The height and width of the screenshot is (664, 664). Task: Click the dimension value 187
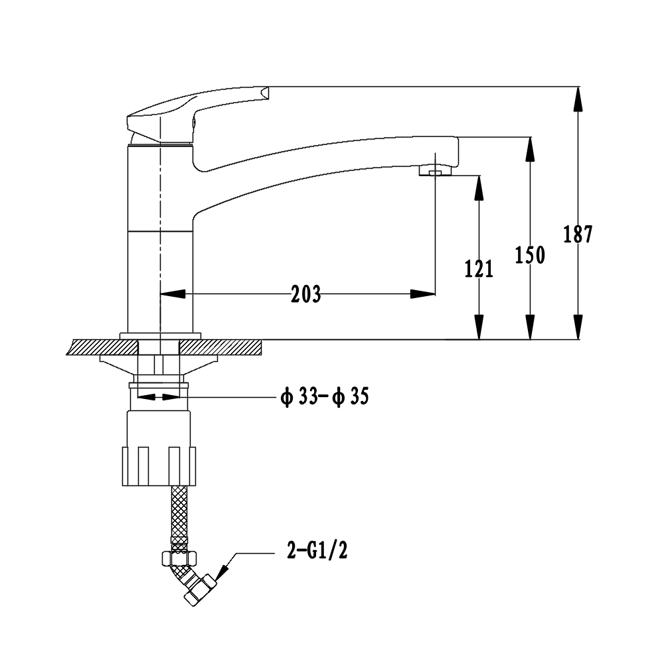click(x=578, y=234)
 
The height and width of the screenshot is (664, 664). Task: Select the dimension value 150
click(x=530, y=255)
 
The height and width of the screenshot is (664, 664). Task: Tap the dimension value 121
click(x=479, y=269)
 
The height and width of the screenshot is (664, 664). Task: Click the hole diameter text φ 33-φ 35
click(x=325, y=397)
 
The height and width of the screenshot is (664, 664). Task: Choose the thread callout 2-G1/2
click(x=317, y=551)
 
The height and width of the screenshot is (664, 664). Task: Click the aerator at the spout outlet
click(x=436, y=171)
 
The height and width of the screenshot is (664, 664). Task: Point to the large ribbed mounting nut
click(x=159, y=466)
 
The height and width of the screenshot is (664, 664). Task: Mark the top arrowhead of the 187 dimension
click(x=578, y=100)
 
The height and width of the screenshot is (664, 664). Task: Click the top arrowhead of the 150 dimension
click(x=530, y=149)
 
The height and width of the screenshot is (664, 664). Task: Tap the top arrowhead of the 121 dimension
click(x=479, y=188)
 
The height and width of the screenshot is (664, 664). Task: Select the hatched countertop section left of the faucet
click(x=102, y=347)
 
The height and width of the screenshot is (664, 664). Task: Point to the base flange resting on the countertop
click(x=160, y=336)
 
